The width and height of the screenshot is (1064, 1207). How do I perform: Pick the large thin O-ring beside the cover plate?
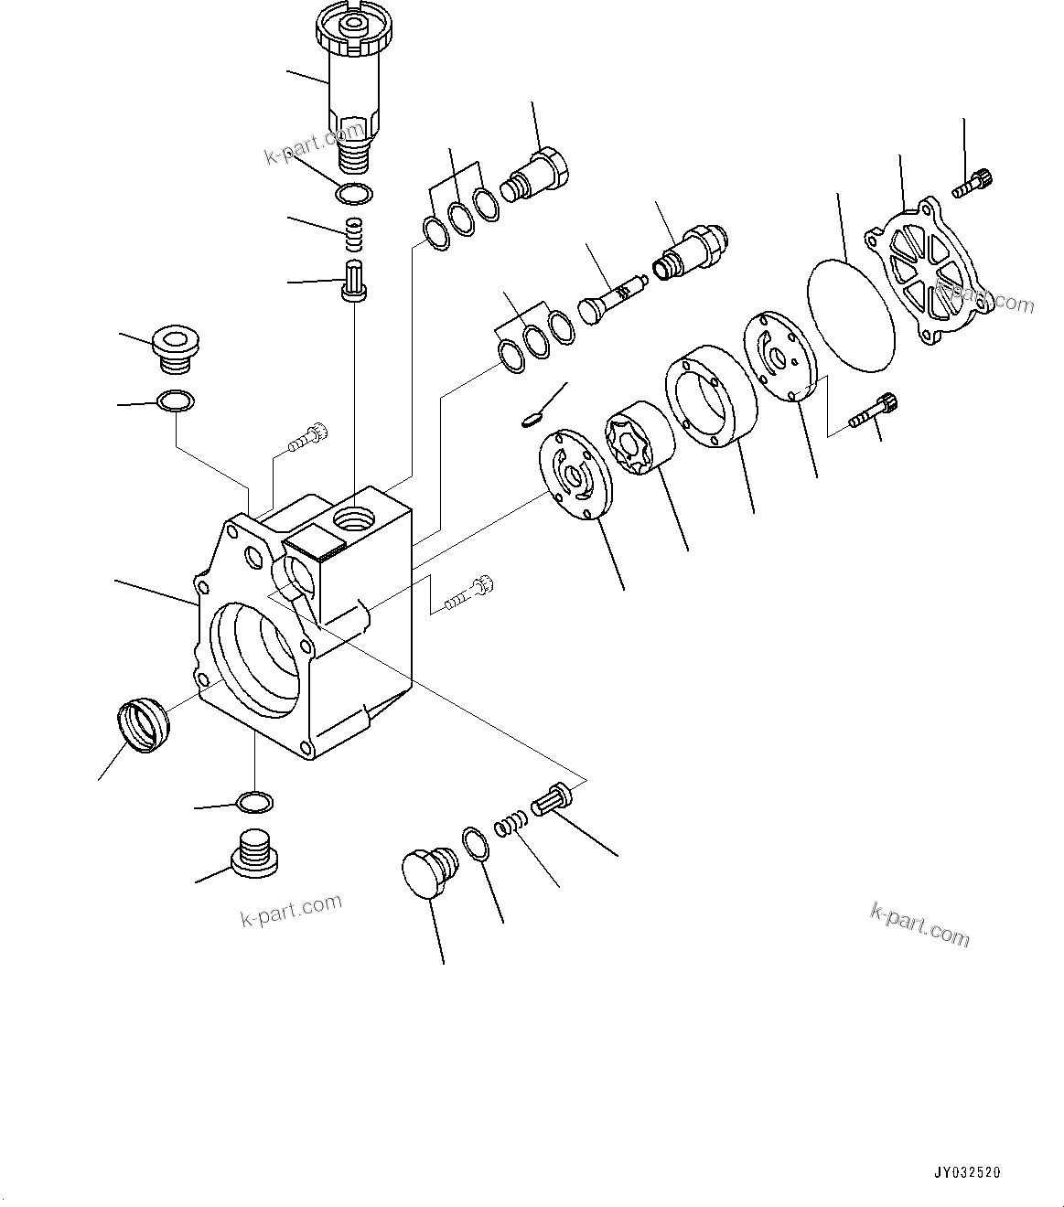(x=851, y=313)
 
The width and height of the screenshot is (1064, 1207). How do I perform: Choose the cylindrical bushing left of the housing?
(x=144, y=724)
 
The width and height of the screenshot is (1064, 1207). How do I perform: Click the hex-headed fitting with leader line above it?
(x=538, y=174)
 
